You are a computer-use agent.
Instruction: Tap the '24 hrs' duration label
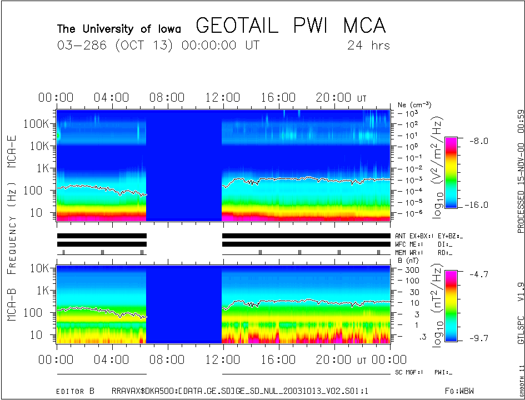pos(368,46)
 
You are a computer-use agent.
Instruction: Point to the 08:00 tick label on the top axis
pos(167,98)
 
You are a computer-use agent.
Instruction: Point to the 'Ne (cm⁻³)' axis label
pos(414,104)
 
